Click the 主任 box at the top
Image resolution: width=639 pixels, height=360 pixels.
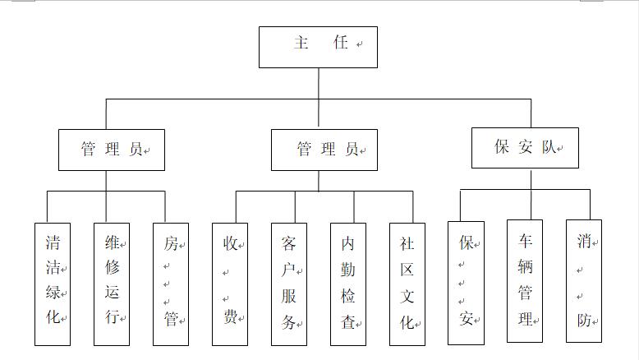click(x=318, y=47)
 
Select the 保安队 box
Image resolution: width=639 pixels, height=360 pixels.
click(x=525, y=148)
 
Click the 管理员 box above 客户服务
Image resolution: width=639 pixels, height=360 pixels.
click(x=324, y=150)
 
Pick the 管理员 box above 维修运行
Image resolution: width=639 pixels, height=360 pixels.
click(x=111, y=150)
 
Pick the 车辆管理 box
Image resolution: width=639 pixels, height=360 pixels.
click(x=525, y=281)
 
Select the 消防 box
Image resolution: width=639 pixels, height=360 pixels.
click(x=584, y=281)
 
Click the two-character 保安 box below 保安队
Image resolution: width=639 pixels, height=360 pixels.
click(x=466, y=283)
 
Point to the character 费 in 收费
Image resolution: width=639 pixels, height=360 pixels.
click(x=230, y=316)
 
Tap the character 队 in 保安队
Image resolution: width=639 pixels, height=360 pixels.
click(x=549, y=148)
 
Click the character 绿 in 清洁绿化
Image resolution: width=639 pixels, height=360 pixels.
click(x=52, y=293)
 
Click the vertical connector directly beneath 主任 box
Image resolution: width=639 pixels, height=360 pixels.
click(x=319, y=83)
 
